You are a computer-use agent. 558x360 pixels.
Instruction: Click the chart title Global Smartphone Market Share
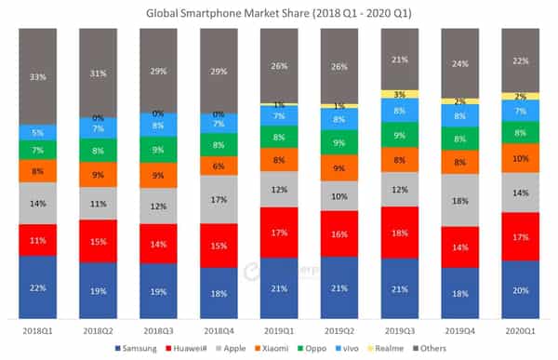(279, 13)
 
